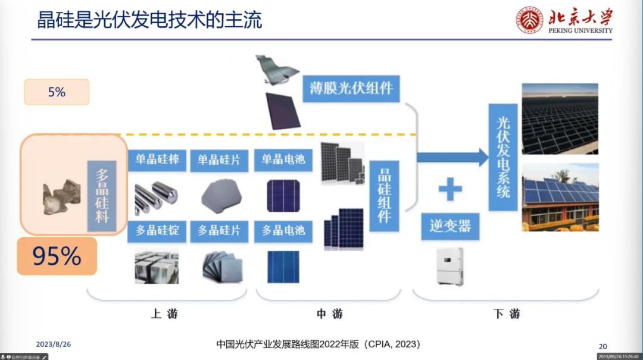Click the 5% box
57,92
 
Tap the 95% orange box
57,256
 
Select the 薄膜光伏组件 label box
351,89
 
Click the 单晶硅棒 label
157,160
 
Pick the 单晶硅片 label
219,160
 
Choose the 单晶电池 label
283,160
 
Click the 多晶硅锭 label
157,230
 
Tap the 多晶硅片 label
219,230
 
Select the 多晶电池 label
283,230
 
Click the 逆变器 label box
450,226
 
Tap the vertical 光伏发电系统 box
503,157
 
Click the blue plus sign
450,189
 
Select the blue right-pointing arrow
452,157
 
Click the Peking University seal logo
529,20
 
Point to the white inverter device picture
450,266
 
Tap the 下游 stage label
507,314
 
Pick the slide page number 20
603,346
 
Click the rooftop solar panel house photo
560,197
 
